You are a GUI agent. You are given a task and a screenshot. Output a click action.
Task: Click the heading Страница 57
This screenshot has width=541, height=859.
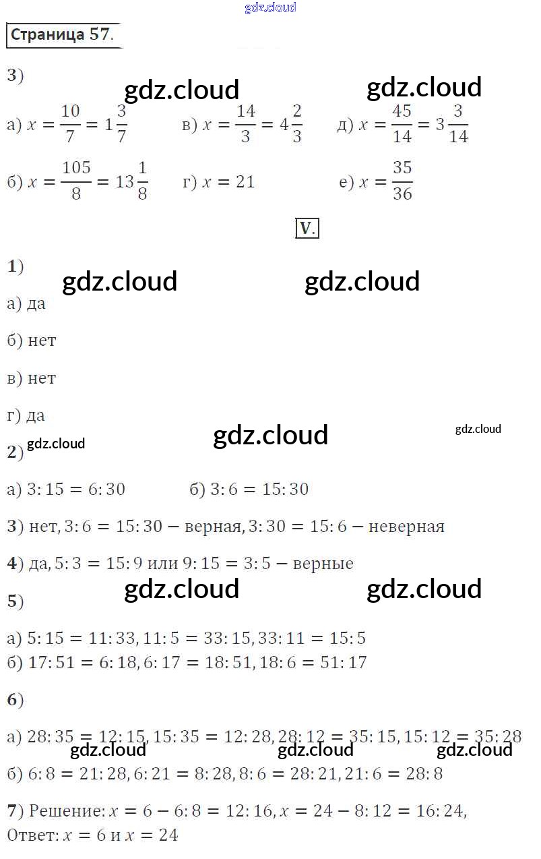click(x=63, y=35)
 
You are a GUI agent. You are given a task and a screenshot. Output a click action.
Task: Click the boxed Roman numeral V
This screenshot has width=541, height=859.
click(x=307, y=229)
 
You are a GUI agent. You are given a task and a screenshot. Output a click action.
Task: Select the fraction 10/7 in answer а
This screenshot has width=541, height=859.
click(x=70, y=123)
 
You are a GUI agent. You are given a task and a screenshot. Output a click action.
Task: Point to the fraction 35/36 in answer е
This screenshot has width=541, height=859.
click(x=402, y=181)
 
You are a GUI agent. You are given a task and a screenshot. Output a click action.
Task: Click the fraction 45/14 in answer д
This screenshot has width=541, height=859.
click(x=402, y=123)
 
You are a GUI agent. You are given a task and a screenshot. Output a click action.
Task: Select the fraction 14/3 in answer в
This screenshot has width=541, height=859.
click(x=246, y=123)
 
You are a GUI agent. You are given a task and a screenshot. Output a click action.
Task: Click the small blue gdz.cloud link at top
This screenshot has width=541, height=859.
click(x=270, y=8)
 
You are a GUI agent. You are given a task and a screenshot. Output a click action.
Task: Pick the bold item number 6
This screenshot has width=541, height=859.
click(x=12, y=701)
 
